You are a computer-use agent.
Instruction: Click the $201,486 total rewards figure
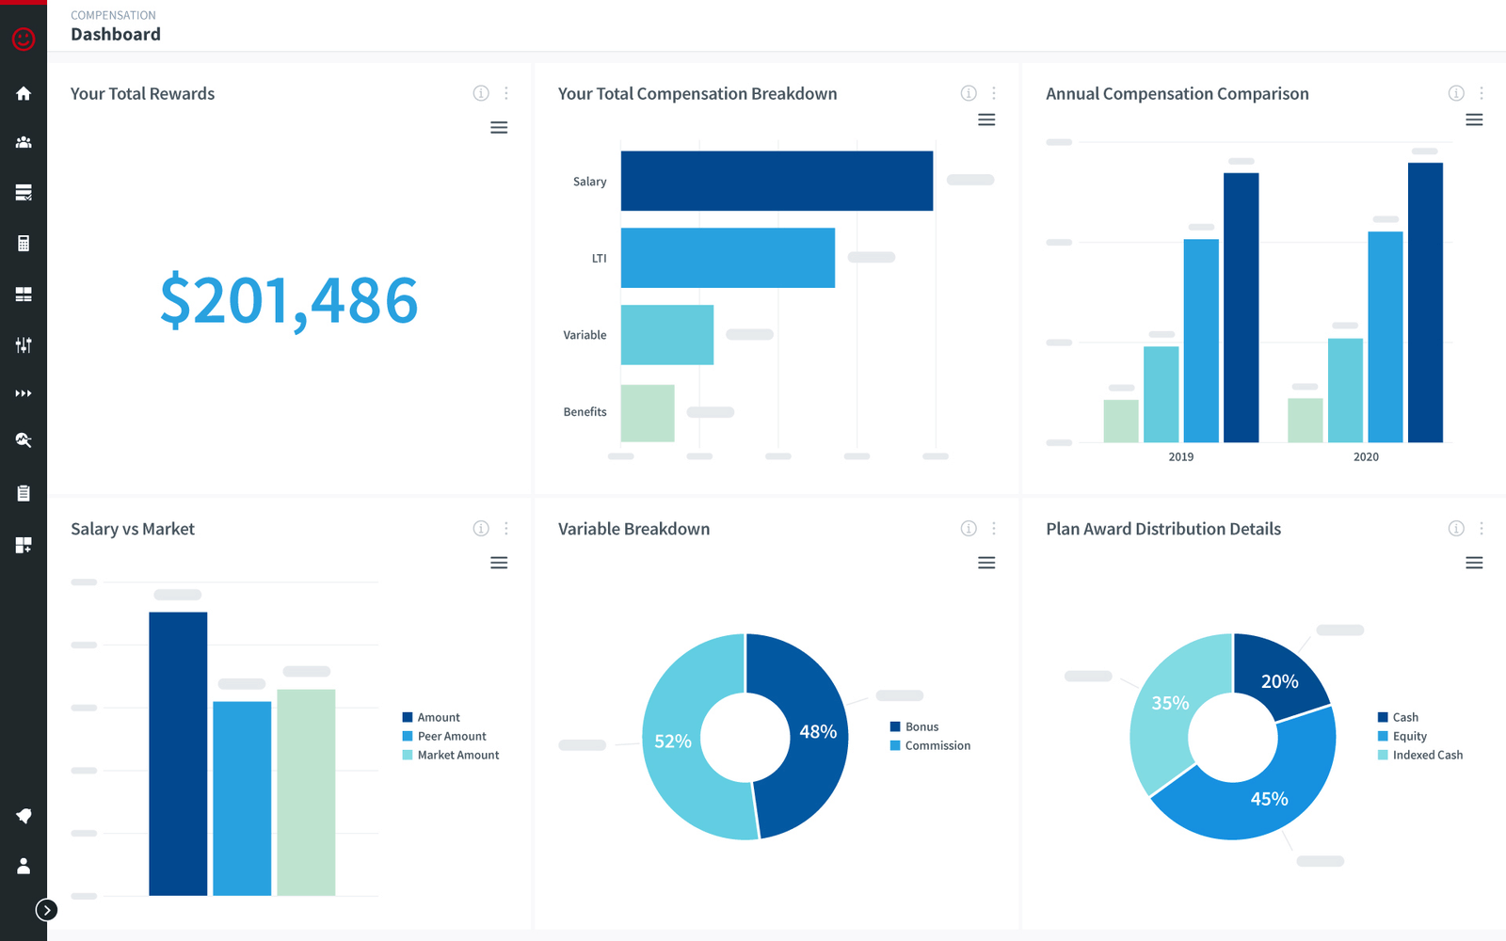(x=289, y=301)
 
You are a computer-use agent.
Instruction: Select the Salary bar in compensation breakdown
(x=777, y=181)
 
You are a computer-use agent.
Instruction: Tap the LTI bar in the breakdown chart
(x=728, y=258)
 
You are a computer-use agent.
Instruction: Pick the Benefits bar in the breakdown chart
(x=648, y=412)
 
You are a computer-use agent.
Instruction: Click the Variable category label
(x=585, y=335)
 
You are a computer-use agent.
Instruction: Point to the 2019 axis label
(x=1180, y=457)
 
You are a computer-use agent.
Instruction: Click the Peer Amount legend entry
(x=452, y=736)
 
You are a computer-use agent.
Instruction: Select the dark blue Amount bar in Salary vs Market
(x=178, y=753)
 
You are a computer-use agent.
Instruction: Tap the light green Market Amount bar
(x=306, y=790)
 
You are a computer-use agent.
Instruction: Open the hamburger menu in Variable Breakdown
(x=986, y=563)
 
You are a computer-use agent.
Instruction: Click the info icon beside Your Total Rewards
(x=481, y=93)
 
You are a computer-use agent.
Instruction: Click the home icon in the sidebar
(x=24, y=93)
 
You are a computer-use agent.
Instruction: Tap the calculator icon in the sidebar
(x=24, y=244)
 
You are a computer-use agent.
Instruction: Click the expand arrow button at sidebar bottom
(x=46, y=910)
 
